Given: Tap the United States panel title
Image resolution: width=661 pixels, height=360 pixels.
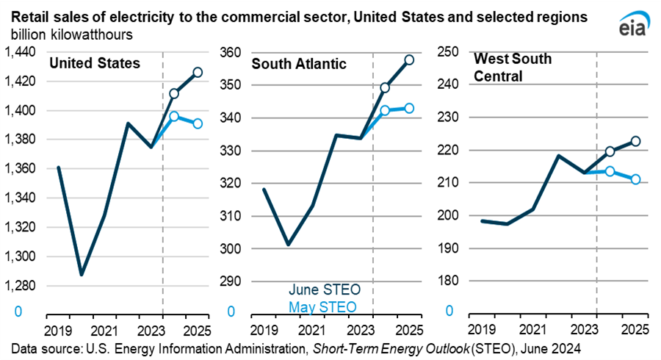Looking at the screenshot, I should (94, 63).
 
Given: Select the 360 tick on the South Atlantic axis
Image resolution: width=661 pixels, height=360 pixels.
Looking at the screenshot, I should (231, 52).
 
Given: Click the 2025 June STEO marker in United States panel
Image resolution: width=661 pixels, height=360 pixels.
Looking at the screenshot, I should (198, 72).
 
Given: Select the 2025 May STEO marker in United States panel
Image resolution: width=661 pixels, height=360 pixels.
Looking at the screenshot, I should (198, 123).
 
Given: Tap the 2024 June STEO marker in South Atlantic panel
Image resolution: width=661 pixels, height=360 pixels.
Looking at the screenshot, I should (384, 87).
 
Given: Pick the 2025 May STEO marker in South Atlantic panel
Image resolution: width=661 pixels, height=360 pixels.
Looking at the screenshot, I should (409, 108).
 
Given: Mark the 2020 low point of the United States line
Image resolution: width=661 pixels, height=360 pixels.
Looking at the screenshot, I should (82, 275).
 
